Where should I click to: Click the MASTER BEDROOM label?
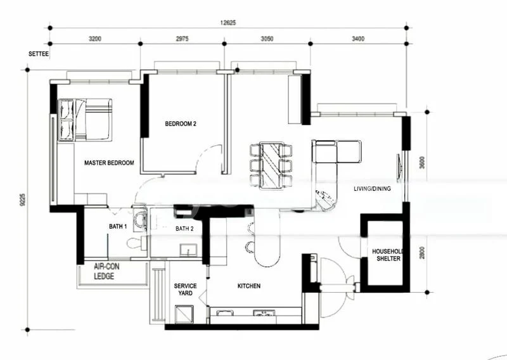[109, 163]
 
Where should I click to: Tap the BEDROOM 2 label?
[181, 124]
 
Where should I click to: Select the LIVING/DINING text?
[372, 189]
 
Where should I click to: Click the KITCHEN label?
[248, 286]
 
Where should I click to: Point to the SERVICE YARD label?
[185, 290]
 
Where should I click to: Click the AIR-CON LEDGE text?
[106, 272]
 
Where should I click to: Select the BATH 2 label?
[184, 229]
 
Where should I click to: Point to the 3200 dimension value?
[94, 39]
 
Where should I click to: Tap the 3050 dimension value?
[267, 39]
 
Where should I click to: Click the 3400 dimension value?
[358, 39]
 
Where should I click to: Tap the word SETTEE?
[39, 55]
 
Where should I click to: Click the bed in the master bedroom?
[84, 120]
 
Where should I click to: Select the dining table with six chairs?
[271, 165]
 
